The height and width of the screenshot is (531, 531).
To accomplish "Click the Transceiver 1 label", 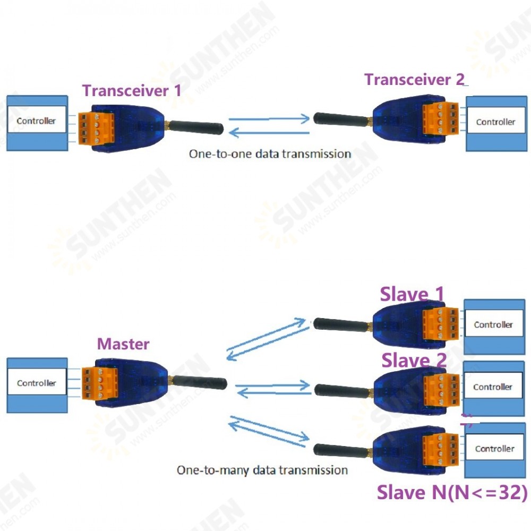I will (132, 90).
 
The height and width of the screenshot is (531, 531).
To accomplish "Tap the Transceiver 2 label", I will (414, 80).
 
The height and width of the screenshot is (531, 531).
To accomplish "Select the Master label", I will (123, 344).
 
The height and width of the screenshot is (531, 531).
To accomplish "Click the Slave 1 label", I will (412, 294).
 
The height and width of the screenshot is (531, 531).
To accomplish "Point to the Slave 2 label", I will (414, 361).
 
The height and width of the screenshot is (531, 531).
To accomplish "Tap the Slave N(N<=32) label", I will (452, 493).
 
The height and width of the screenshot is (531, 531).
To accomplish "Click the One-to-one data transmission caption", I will (270, 154).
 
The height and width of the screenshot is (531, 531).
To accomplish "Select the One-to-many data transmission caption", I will (262, 470).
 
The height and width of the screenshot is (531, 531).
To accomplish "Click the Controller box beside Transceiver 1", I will (36, 121).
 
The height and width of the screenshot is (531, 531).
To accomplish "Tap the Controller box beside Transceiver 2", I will (495, 122).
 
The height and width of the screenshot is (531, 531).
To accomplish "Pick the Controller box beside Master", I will (36, 383).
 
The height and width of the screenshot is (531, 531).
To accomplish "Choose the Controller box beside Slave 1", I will (493, 324).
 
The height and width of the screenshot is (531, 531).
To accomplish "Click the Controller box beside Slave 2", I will (492, 387).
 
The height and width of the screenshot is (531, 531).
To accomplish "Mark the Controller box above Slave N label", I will (494, 449).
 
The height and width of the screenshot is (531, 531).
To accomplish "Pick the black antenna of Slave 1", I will (340, 324).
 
